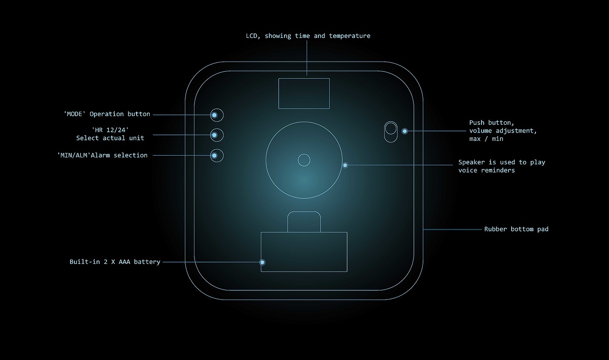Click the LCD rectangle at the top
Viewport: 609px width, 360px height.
304,93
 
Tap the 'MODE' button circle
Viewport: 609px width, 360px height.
217,115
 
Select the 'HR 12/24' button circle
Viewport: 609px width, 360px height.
217,135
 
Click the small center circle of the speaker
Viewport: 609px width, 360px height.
304,160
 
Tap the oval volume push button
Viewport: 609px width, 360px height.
391,131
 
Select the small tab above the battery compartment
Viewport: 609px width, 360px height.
304,222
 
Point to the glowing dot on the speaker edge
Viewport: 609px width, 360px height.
345,165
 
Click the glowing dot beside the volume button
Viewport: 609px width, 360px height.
405,131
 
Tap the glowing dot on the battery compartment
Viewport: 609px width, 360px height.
262,262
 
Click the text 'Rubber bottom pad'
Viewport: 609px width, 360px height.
516,229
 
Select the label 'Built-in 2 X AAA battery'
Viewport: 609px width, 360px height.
115,262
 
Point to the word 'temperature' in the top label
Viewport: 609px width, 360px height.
350,36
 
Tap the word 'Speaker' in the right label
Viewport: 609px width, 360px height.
471,162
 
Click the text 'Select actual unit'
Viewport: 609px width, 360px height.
110,138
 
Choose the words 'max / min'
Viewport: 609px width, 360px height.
486,139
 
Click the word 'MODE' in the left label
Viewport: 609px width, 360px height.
75,114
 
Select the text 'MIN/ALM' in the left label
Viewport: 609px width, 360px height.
74,155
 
